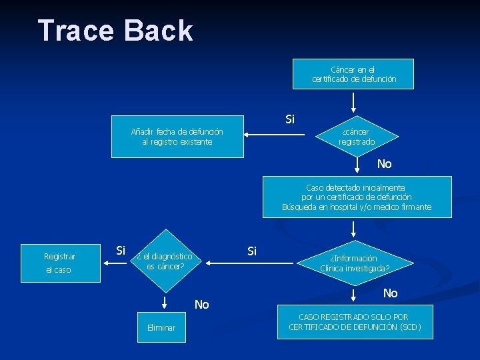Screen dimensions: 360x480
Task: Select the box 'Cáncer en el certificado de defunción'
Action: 353,74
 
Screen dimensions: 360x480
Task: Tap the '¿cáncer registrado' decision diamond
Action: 356,137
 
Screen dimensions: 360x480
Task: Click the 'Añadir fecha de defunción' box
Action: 177,137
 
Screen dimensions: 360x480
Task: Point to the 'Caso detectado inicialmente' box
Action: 357,197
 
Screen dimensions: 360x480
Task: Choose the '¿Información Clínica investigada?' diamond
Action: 354,263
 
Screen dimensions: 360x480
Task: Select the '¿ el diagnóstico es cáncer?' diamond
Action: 165,261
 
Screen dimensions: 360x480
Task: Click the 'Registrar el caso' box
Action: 60,263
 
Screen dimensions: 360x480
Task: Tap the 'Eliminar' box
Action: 161,327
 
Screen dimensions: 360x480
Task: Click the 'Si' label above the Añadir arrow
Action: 290,119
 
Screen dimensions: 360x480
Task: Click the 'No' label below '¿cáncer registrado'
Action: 385,164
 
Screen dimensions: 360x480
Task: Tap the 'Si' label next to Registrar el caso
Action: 121,251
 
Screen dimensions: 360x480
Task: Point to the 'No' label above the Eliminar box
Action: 202,305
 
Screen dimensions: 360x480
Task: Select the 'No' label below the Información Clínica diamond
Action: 391,293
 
